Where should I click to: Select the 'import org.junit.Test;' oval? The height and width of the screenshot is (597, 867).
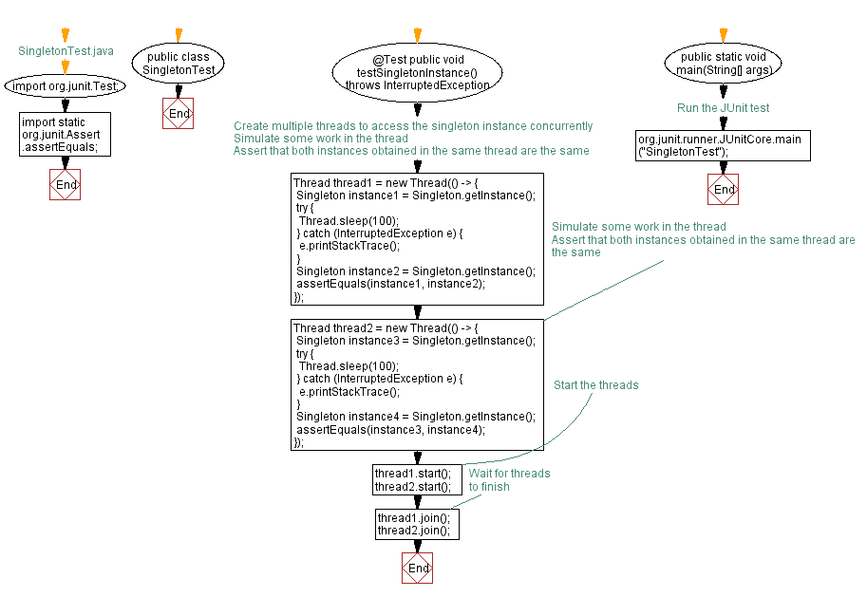click(x=66, y=86)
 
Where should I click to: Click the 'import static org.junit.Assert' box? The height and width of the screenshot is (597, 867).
click(x=66, y=135)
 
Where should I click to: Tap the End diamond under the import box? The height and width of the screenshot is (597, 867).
click(x=66, y=184)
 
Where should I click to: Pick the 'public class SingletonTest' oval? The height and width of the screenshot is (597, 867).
click(x=179, y=64)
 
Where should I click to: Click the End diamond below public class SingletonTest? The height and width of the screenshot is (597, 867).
click(x=179, y=114)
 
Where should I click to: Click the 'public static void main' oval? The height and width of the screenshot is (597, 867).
click(x=724, y=64)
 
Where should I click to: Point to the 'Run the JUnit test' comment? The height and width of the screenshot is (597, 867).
click(x=724, y=108)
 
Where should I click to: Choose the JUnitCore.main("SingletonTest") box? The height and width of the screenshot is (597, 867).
click(x=724, y=145)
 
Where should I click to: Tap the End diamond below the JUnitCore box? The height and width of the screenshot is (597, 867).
click(x=724, y=189)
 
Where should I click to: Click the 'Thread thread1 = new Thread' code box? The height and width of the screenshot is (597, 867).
click(x=417, y=239)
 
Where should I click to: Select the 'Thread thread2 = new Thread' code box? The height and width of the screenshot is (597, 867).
click(x=417, y=384)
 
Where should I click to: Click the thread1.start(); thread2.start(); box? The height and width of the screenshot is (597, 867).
click(x=417, y=480)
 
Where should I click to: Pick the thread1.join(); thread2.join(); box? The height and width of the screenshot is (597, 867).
click(x=417, y=524)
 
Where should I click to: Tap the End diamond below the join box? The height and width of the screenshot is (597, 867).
click(x=417, y=568)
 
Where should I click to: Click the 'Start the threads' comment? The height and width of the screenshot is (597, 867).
click(x=595, y=385)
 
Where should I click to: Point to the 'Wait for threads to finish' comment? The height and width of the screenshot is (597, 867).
click(x=508, y=479)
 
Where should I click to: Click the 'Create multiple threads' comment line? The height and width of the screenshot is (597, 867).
click(x=413, y=126)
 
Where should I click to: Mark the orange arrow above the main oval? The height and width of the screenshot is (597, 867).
click(x=724, y=34)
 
